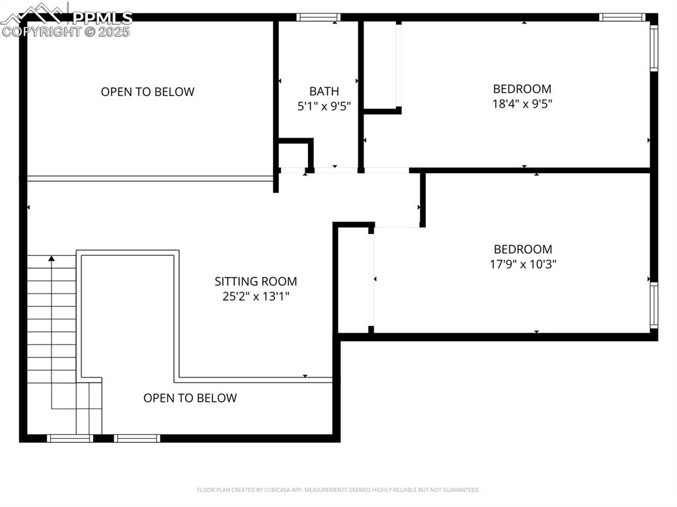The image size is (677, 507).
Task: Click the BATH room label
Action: pyautogui.click(x=324, y=91)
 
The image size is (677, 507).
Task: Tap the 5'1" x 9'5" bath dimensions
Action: pyautogui.click(x=324, y=105)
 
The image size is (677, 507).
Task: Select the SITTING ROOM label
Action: pyautogui.click(x=256, y=281)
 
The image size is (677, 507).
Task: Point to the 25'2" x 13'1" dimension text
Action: pyautogui.click(x=256, y=297)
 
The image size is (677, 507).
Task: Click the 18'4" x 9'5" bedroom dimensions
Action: pyautogui.click(x=522, y=104)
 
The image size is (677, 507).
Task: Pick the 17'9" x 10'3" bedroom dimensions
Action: pyautogui.click(x=523, y=264)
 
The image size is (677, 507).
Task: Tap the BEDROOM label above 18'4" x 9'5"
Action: pyautogui.click(x=522, y=89)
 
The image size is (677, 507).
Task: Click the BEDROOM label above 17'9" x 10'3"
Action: pyautogui.click(x=523, y=249)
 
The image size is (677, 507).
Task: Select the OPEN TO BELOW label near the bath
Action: pyautogui.click(x=147, y=92)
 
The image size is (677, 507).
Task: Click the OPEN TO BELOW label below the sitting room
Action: pyautogui.click(x=190, y=398)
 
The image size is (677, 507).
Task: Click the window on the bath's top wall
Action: pyautogui.click(x=318, y=17)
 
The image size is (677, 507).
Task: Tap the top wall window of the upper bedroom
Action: pyautogui.click(x=621, y=17)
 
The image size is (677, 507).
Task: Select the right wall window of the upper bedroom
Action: pyautogui.click(x=654, y=47)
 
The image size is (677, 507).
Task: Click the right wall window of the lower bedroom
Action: pyautogui.click(x=654, y=305)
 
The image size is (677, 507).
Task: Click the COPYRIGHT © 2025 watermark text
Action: pyautogui.click(x=66, y=31)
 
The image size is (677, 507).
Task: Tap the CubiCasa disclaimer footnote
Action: pyautogui.click(x=338, y=490)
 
